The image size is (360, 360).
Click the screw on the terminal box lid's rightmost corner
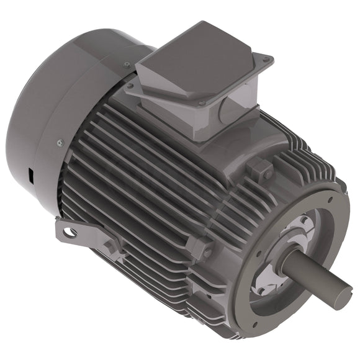tap(267, 60)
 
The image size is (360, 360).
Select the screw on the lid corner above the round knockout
tap(201, 102)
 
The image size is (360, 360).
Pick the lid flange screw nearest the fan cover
tap(131, 86)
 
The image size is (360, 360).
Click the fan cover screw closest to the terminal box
tap(127, 64)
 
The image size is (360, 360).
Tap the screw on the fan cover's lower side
tap(60, 143)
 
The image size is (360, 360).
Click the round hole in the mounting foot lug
tap(70, 232)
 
